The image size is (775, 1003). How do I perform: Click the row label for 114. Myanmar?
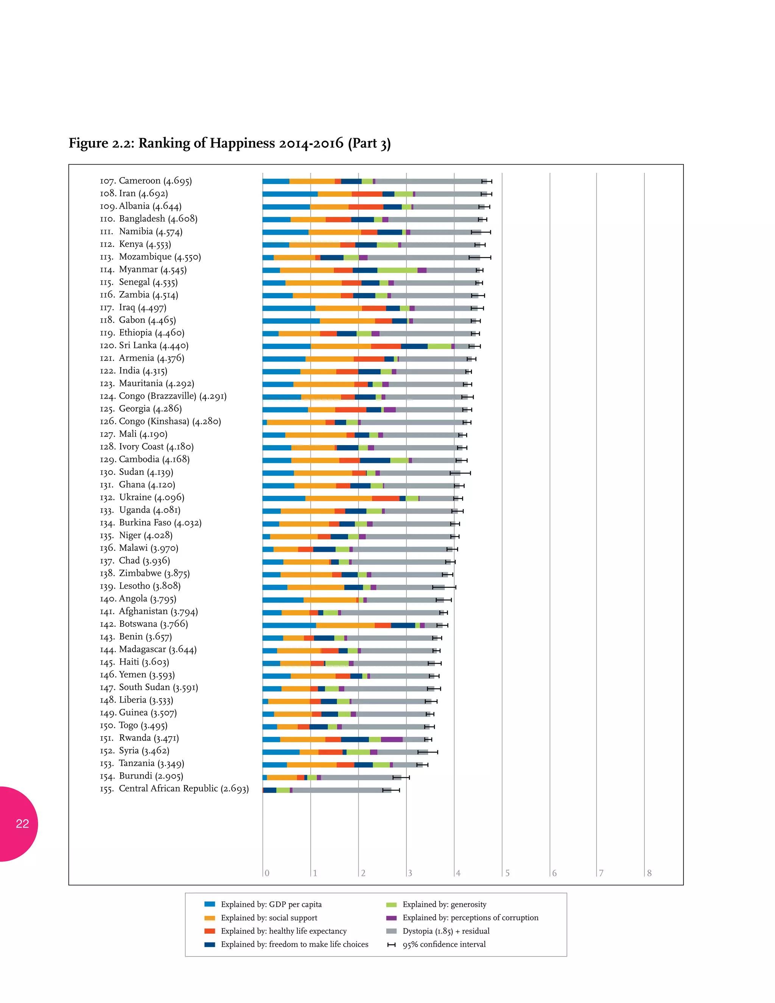143,269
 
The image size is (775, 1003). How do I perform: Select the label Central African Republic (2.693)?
184,788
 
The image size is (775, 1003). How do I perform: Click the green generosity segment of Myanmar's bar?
397,270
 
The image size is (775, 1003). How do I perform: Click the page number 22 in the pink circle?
22,824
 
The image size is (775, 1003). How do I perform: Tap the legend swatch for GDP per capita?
210,904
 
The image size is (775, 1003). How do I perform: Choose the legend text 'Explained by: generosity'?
444,904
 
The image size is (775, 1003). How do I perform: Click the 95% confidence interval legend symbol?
391,945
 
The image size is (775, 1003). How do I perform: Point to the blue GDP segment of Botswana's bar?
289,625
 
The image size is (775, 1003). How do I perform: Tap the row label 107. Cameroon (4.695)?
146,181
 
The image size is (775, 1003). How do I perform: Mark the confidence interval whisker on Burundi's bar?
401,777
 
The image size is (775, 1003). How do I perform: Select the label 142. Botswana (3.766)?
144,624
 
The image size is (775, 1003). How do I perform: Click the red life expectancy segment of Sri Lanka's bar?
386,346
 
